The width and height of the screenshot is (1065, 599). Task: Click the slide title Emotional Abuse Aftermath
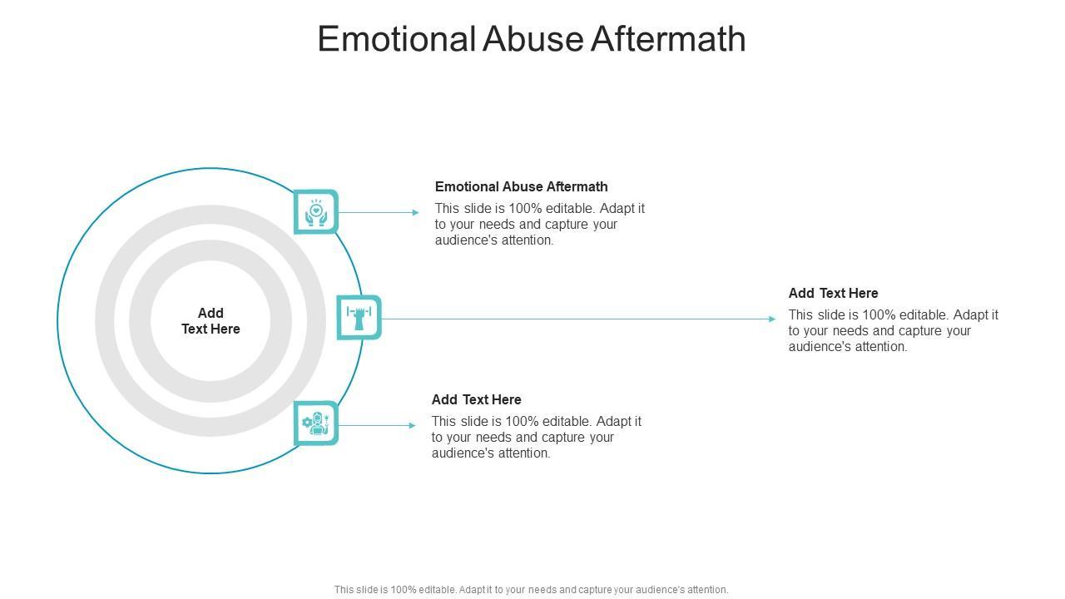(532, 39)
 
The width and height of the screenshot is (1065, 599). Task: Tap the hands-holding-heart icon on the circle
(316, 212)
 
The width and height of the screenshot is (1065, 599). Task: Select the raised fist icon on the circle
(359, 317)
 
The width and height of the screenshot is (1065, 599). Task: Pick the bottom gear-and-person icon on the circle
(316, 423)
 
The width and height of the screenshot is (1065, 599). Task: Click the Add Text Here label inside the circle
(211, 321)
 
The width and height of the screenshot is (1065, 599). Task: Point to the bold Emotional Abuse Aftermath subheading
(521, 186)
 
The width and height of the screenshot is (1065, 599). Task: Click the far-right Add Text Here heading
(833, 293)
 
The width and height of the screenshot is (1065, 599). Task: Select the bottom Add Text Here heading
(476, 399)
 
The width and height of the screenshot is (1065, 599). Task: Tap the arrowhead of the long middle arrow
(771, 319)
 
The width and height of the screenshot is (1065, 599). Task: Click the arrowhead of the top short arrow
(415, 212)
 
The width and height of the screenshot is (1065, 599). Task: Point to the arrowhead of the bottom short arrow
(412, 425)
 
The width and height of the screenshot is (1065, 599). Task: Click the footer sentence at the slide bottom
(531, 590)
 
